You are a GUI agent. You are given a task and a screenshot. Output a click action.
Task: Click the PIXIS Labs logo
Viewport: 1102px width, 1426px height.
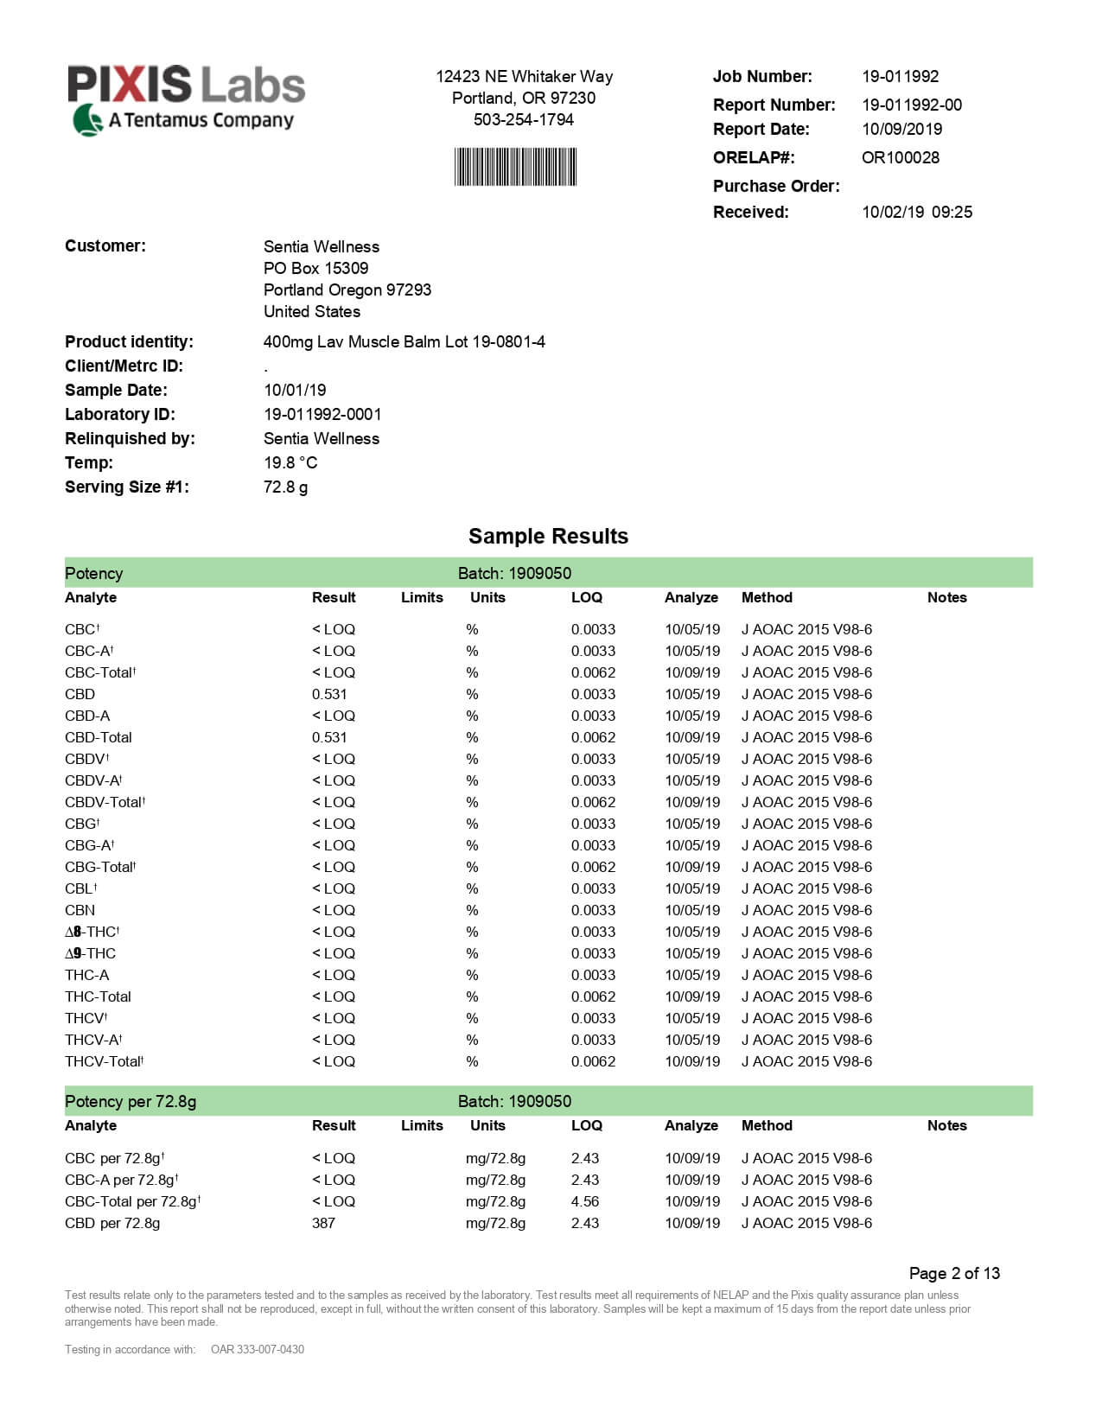tap(187, 98)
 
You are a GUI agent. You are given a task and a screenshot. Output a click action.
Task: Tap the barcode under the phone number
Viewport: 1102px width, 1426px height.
tap(515, 167)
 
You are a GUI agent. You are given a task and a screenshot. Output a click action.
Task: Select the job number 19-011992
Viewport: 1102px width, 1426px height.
tap(900, 76)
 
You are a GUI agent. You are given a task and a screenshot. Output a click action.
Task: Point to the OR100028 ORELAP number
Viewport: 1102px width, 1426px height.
tap(900, 157)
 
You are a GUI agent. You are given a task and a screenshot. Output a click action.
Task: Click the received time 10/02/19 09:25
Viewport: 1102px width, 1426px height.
tap(916, 212)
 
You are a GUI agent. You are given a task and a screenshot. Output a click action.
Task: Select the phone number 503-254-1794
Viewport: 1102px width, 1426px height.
tap(523, 119)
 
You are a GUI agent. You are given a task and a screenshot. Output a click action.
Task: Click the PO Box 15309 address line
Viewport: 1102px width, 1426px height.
tap(315, 268)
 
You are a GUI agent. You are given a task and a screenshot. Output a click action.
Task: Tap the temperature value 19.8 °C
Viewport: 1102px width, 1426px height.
tap(290, 462)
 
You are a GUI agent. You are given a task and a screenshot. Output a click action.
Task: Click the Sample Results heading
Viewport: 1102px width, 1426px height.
tap(548, 536)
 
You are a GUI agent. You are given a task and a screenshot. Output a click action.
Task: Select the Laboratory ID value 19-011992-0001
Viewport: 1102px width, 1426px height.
tap(322, 414)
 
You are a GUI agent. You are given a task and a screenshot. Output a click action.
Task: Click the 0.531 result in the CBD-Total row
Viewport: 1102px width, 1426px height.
tap(329, 737)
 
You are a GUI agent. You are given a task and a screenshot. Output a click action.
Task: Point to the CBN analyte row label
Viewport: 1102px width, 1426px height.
tap(80, 910)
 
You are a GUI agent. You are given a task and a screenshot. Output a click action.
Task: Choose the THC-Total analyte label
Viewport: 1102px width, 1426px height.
tap(98, 996)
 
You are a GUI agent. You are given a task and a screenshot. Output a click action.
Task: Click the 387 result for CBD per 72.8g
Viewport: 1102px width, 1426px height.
tap(323, 1223)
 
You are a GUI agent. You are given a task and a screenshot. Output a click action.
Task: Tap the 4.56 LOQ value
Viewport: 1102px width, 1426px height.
tap(584, 1201)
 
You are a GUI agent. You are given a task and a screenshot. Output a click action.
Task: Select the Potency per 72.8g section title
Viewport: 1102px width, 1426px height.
tap(131, 1101)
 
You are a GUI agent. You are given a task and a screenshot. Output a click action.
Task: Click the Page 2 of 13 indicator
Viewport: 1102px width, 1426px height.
tap(953, 1273)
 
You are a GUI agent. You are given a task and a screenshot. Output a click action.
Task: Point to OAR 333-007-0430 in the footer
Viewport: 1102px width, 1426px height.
tap(257, 1349)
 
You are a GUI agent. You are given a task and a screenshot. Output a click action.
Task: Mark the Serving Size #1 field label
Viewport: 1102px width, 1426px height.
tap(126, 487)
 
